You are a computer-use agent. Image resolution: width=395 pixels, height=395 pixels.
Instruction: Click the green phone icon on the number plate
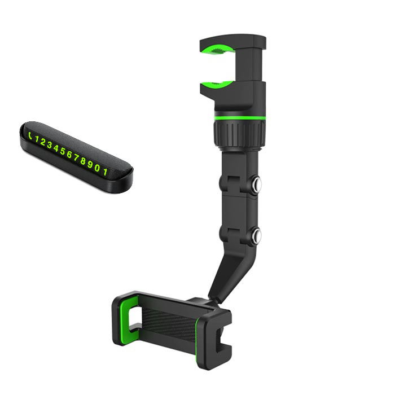pyautogui.click(x=30, y=136)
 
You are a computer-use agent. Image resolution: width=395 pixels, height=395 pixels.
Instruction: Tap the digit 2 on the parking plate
pyautogui.click(x=43, y=142)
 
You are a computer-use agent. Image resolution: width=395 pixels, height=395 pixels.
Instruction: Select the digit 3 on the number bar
pyautogui.click(x=50, y=146)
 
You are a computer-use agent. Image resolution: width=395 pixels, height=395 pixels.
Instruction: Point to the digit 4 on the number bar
pyautogui.click(x=56, y=148)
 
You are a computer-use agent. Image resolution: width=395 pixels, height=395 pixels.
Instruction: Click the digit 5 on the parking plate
pyautogui.click(x=63, y=152)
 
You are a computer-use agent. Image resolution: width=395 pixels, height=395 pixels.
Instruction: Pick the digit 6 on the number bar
pyautogui.click(x=69, y=155)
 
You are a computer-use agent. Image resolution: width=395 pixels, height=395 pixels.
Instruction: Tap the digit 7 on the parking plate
pyautogui.click(x=76, y=158)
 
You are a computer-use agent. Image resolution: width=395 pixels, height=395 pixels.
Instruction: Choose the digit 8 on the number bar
pyautogui.click(x=83, y=161)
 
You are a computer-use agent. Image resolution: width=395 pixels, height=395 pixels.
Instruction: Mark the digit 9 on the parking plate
pyautogui.click(x=90, y=165)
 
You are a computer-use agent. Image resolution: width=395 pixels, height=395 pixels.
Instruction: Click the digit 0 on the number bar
pyautogui.click(x=97, y=168)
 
